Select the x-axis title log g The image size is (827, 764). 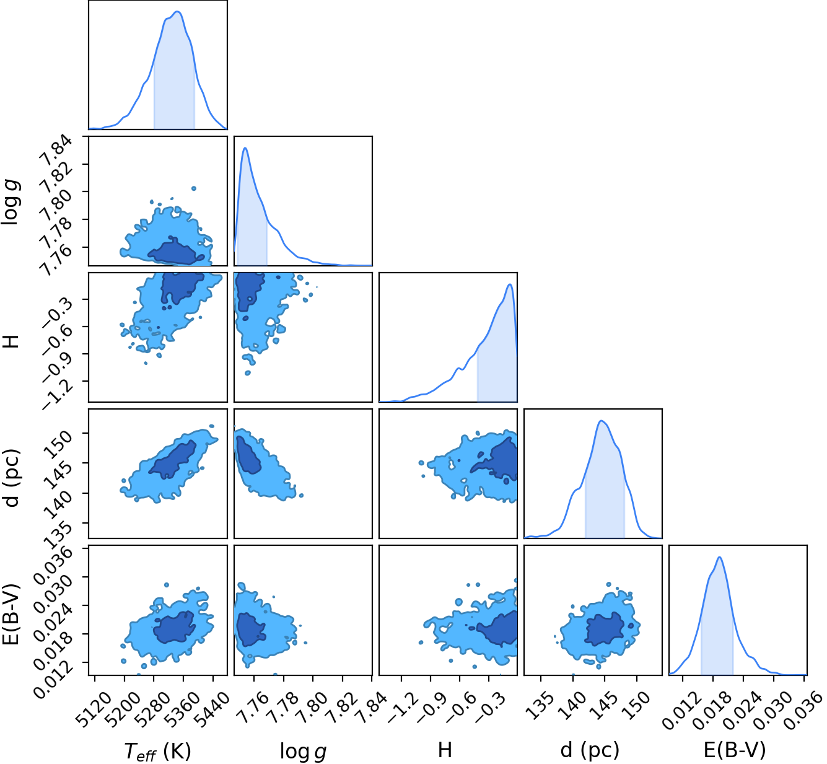[303, 751]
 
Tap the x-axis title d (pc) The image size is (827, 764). [590, 750]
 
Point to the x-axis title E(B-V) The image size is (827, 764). [735, 750]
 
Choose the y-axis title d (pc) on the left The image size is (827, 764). [12, 478]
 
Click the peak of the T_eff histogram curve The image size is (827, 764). [177, 11]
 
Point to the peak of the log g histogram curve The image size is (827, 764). [245, 148]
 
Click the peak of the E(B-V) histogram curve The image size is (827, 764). [719, 558]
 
